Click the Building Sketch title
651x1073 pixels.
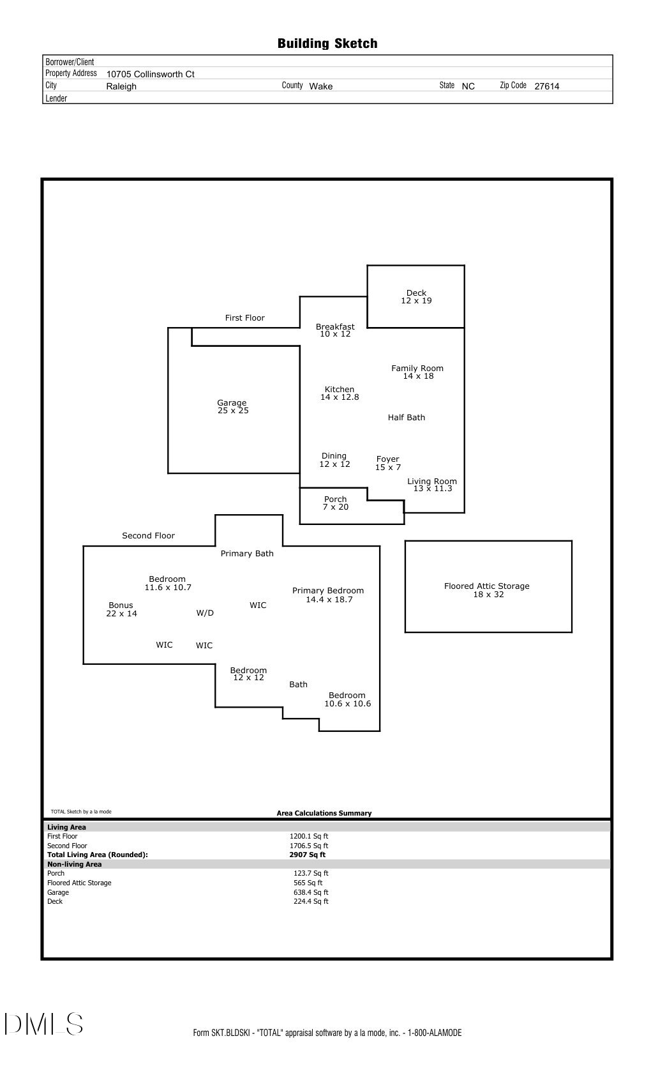327,43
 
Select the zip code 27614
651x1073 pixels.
546,86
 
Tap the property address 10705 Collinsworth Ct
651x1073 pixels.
150,74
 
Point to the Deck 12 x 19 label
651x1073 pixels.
416,297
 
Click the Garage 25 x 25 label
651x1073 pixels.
232,407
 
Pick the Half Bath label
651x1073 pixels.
406,418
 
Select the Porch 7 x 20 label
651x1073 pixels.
335,503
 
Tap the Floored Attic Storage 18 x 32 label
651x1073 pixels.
487,590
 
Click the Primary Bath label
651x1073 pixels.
247,554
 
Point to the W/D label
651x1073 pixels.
205,613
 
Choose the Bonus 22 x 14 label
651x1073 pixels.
121,609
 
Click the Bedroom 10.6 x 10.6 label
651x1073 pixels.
347,699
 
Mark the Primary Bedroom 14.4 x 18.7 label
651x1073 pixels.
328,595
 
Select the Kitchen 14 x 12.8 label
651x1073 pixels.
340,393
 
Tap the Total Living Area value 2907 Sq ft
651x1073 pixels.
307,855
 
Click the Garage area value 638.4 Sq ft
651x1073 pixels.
311,892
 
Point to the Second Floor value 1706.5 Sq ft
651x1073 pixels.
309,846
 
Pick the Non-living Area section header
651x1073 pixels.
75,864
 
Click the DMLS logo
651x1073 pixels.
43,1024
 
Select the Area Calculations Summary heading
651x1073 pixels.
324,813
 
